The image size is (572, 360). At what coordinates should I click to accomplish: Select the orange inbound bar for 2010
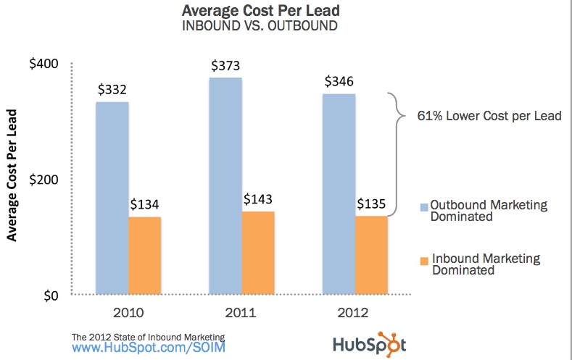click(144, 255)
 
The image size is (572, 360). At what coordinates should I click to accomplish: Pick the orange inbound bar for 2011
click(258, 253)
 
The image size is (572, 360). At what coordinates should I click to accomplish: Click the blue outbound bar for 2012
click(339, 193)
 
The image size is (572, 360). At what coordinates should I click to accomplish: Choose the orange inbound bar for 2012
click(371, 255)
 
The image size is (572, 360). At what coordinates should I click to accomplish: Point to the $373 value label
click(225, 65)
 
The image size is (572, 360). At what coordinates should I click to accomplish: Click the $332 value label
click(112, 91)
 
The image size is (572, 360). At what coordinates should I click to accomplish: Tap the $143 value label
click(258, 200)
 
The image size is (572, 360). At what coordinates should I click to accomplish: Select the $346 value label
click(339, 82)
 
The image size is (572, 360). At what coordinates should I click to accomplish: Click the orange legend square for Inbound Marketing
click(424, 259)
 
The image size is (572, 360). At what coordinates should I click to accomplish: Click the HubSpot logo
click(370, 343)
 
